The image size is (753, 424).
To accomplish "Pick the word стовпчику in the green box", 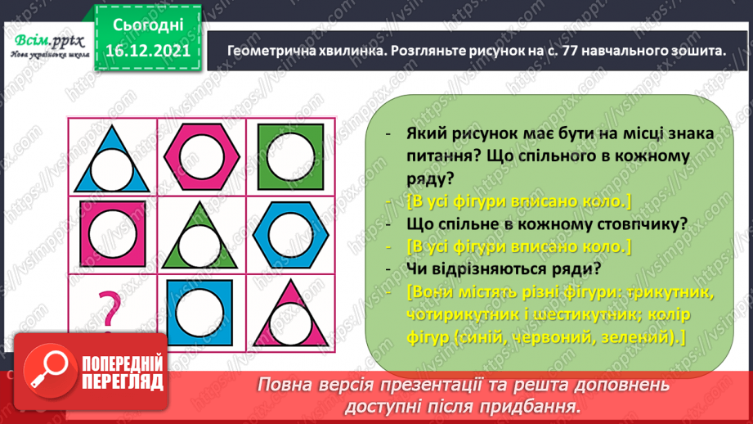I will point(621,223).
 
